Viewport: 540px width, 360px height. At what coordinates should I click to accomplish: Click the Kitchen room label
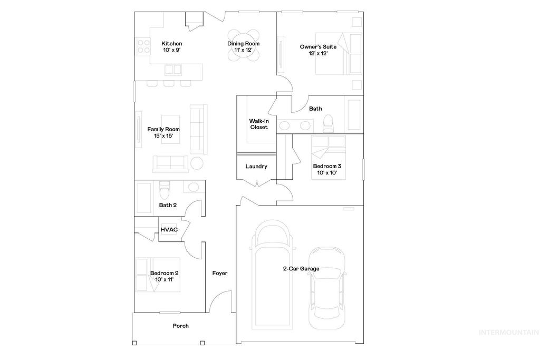tap(172, 44)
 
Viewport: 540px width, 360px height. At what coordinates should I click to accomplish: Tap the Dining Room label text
tap(244, 44)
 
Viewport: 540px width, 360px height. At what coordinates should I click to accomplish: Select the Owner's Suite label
tap(318, 47)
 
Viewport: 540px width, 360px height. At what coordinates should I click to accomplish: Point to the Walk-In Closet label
tap(258, 124)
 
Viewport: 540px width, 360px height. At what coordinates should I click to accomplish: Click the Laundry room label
tap(256, 167)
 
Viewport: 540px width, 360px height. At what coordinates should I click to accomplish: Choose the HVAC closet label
tap(169, 229)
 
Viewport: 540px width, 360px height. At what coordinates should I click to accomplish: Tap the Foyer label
tap(220, 273)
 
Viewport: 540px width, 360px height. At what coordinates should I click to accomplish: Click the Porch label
tap(181, 326)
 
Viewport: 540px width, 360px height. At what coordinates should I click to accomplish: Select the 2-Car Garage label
tap(301, 269)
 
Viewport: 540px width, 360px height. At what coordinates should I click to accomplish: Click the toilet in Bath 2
tap(164, 188)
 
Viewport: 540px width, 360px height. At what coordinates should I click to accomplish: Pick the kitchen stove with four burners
tap(142, 46)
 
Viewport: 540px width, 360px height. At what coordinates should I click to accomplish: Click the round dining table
tap(244, 45)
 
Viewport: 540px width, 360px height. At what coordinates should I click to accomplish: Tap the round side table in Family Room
tap(197, 163)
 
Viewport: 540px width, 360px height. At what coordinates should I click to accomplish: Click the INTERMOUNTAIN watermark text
tap(508, 332)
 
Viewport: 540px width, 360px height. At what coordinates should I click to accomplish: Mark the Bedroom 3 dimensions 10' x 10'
tap(323, 172)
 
